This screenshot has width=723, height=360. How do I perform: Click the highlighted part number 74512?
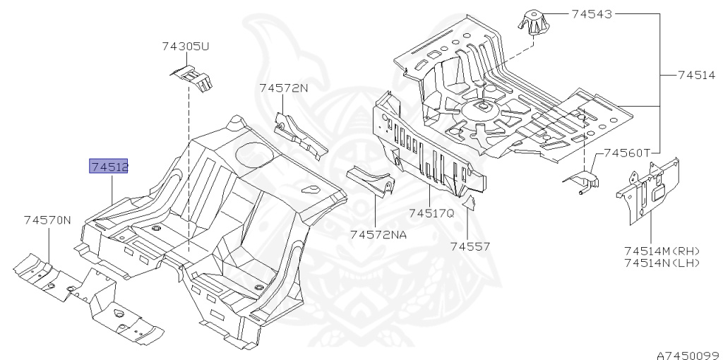click(109, 167)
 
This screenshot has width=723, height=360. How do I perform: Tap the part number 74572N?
click(284, 88)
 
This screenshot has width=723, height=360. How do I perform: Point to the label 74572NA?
click(378, 234)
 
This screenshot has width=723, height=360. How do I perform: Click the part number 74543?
click(592, 13)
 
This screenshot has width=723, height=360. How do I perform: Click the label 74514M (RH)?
click(662, 251)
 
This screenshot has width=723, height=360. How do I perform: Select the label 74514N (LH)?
click(662, 263)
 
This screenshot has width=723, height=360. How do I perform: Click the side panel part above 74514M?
click(648, 189)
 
